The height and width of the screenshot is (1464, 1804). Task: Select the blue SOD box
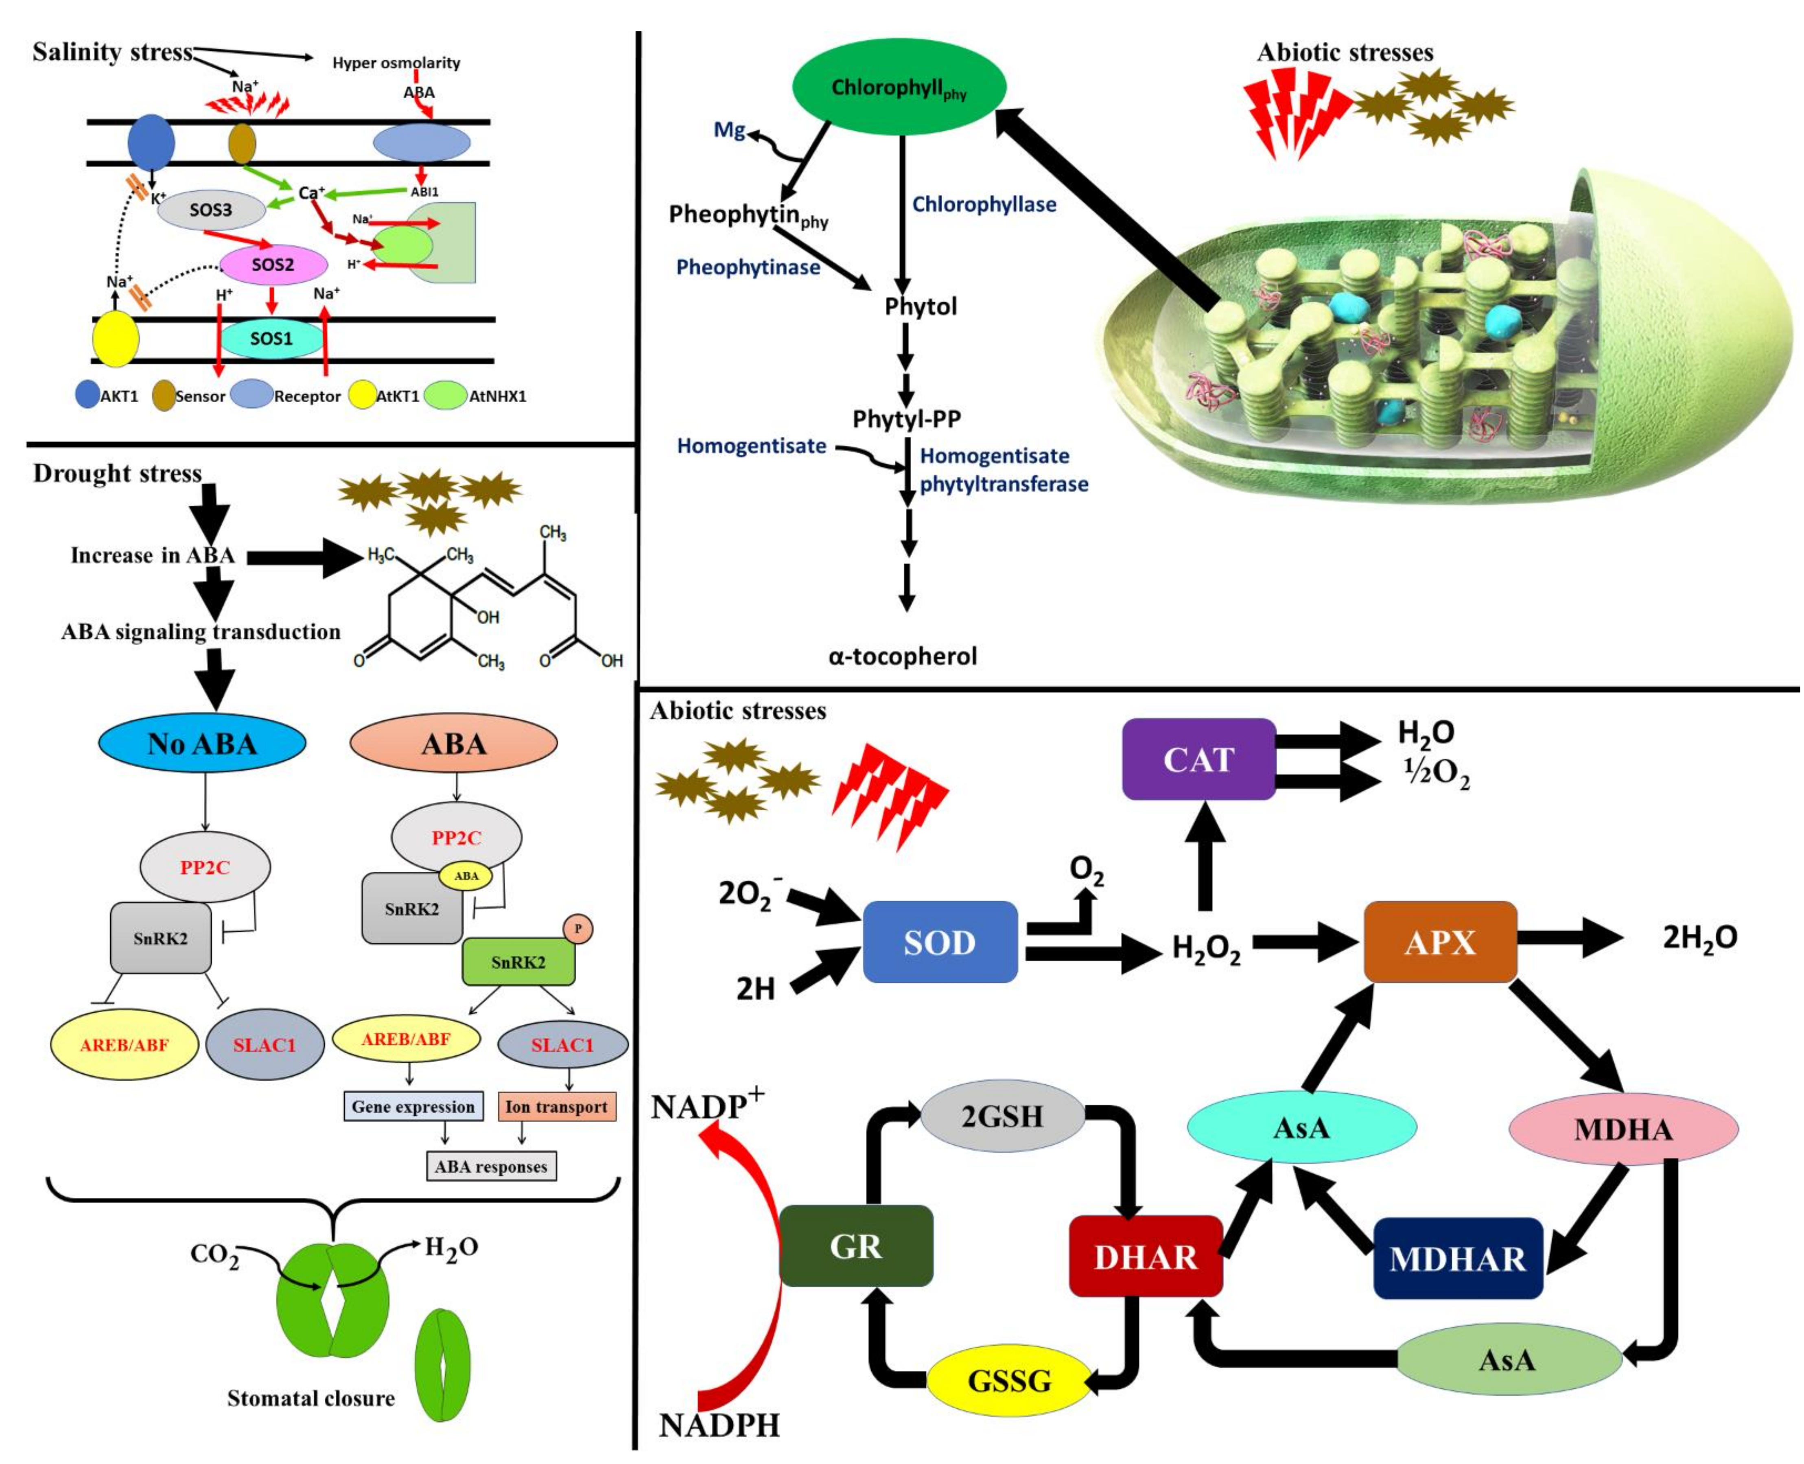[940, 942]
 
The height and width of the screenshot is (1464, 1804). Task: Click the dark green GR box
[856, 1245]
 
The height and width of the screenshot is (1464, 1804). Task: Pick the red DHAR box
[1146, 1256]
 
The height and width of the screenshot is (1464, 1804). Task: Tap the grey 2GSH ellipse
[1002, 1116]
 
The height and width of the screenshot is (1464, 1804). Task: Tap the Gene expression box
[413, 1106]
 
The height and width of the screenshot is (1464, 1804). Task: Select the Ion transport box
[556, 1106]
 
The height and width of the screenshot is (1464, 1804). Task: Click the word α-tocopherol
[903, 655]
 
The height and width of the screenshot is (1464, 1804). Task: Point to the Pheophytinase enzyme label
[748, 267]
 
